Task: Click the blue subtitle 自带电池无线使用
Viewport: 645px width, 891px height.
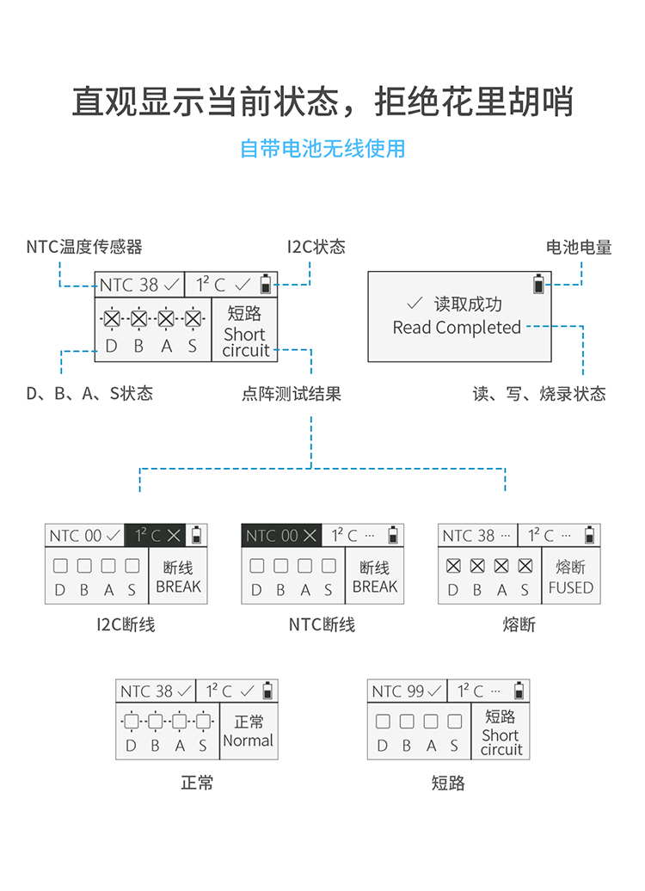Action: click(x=322, y=149)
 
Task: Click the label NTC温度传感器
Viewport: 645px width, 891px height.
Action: click(x=84, y=248)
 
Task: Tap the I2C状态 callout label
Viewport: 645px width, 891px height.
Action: click(x=316, y=248)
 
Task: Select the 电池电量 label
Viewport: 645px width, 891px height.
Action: click(x=579, y=248)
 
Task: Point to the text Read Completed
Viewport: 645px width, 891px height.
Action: click(x=457, y=328)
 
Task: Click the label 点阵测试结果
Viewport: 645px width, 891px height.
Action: click(x=292, y=394)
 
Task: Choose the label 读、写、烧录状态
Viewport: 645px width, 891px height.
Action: click(x=539, y=394)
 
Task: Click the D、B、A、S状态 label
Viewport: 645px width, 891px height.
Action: click(x=89, y=394)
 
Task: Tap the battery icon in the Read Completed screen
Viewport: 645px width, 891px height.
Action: click(x=539, y=284)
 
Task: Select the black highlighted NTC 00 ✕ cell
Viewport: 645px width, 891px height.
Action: click(x=280, y=535)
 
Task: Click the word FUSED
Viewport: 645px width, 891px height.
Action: click(x=571, y=588)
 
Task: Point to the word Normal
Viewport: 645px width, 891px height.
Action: click(x=249, y=740)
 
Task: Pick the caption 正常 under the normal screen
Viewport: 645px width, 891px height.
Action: click(x=197, y=783)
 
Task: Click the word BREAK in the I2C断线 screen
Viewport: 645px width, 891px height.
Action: click(x=179, y=587)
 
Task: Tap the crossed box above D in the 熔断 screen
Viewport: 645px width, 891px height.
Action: click(x=453, y=567)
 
